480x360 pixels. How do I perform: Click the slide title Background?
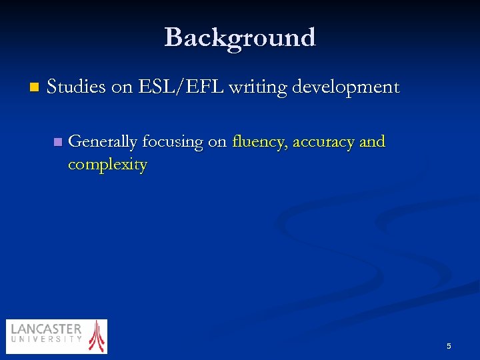point(240,37)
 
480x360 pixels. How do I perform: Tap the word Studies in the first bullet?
point(76,87)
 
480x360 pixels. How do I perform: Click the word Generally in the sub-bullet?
point(103,142)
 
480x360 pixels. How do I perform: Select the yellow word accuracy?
point(323,142)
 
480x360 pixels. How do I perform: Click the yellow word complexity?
point(107,165)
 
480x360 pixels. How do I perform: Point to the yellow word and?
point(372,142)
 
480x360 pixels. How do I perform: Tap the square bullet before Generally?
point(57,141)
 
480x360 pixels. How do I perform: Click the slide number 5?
point(449,346)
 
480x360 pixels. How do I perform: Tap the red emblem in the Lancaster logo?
point(97,335)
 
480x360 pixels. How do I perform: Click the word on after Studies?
point(122,87)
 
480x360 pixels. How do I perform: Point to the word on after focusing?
point(217,142)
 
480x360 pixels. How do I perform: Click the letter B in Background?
point(174,37)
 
